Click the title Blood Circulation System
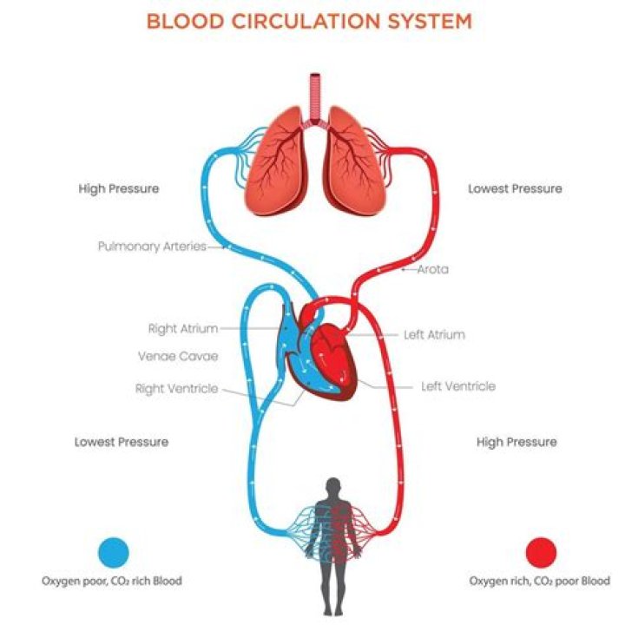click(309, 21)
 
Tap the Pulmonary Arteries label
click(152, 247)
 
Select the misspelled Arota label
click(433, 269)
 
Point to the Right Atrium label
click(183, 329)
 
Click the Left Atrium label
click(435, 334)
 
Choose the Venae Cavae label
click(178, 356)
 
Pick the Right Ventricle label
click(176, 388)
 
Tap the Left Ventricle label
click(458, 386)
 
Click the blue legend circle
click(114, 552)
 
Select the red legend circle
click(541, 552)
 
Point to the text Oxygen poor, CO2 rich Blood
click(112, 581)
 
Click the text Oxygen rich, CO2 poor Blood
click(540, 581)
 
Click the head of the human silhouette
click(333, 488)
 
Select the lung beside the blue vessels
click(276, 161)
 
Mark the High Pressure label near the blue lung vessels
click(119, 188)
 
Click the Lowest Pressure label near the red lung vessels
click(515, 188)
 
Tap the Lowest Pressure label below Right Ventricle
click(122, 442)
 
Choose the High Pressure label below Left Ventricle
click(516, 442)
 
